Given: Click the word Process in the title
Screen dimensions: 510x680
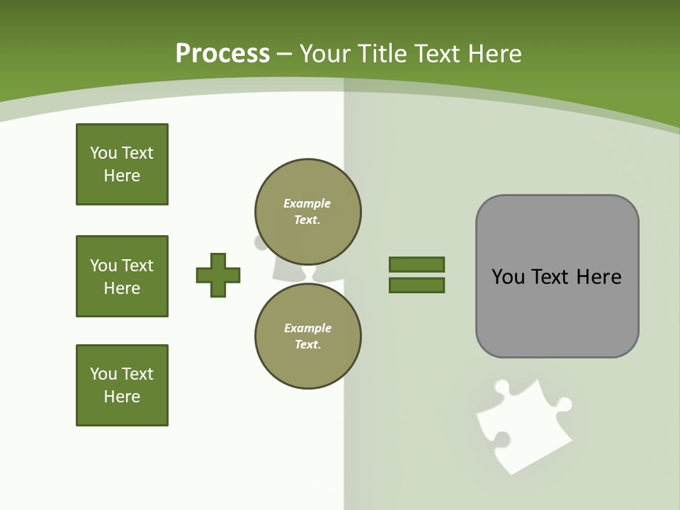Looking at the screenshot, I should coord(222,54).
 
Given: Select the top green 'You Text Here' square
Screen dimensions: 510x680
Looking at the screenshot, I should coord(122,164).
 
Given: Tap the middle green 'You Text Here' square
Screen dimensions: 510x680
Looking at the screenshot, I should coord(122,276).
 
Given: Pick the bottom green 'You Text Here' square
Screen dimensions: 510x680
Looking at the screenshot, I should coord(122,385).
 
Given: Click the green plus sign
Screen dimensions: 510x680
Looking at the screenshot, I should coord(218,275).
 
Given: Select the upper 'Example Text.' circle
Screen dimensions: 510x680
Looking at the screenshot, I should coord(307,211).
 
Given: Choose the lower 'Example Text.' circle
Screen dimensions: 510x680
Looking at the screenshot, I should coord(307,336).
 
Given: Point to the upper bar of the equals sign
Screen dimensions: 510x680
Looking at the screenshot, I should coord(416,264).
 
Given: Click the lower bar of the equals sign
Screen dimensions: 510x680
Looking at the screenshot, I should coord(416,285).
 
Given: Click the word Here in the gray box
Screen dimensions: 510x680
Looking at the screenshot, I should coord(599,277).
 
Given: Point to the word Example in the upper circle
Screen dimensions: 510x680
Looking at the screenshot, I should coord(307,203).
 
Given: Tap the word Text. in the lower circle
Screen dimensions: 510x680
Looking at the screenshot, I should coord(307,344).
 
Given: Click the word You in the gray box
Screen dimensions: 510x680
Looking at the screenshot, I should coord(508,277).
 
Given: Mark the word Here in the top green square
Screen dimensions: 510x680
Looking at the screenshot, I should coord(122,176).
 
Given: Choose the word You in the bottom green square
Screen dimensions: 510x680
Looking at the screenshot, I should coord(103,374).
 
